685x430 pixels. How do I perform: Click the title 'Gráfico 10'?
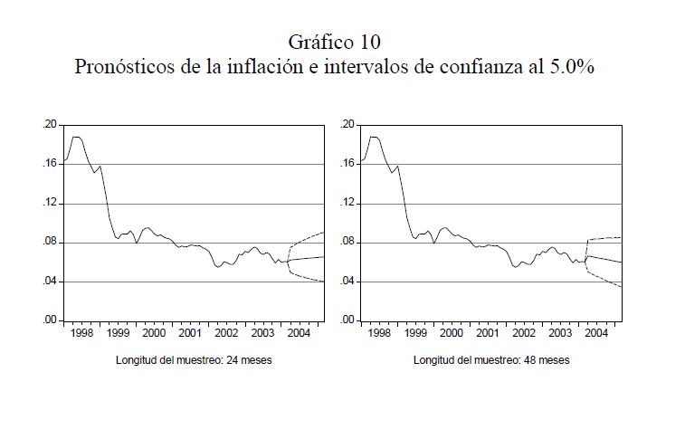pyautogui.click(x=334, y=42)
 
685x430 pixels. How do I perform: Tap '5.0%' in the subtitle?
pyautogui.click(x=568, y=66)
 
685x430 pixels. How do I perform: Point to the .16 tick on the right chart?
pyautogui.click(x=348, y=164)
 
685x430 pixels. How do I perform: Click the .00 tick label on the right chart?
pyautogui.click(x=348, y=320)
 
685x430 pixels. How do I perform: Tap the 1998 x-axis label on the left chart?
pyautogui.click(x=81, y=333)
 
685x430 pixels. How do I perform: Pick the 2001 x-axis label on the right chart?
pyautogui.click(x=488, y=333)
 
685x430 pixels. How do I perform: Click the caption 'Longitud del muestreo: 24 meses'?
pyautogui.click(x=194, y=359)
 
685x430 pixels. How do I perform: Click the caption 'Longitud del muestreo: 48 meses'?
pyautogui.click(x=491, y=359)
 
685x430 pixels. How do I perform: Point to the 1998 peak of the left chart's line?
pyautogui.click(x=76, y=137)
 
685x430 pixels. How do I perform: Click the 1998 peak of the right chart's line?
pyautogui.click(x=374, y=137)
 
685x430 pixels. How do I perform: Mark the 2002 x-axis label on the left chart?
pyautogui.click(x=226, y=333)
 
